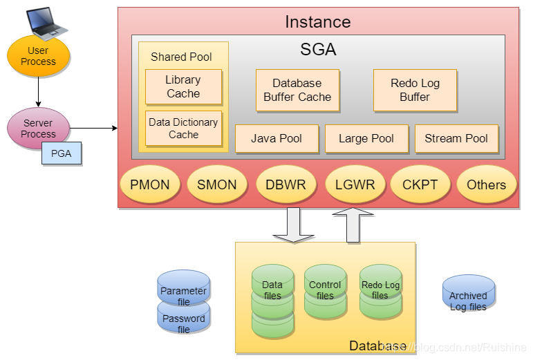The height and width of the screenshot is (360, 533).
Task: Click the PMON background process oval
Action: pos(149,184)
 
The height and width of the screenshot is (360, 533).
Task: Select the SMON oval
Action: pos(216,184)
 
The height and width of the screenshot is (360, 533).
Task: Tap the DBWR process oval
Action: pos(286,184)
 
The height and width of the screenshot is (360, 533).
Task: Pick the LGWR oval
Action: pos(355,184)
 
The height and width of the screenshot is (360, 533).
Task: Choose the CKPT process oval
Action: pos(420,184)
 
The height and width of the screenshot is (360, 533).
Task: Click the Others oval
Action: pos(486,184)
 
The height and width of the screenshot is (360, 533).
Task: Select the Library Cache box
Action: pos(183,87)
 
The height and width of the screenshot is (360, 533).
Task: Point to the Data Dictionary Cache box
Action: pos(183,129)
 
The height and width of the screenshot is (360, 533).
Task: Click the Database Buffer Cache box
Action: pos(297,90)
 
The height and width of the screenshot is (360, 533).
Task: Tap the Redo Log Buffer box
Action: pos(415,90)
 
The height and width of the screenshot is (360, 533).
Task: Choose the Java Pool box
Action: pos(277,138)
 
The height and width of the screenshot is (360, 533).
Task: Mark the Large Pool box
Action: pos(366,138)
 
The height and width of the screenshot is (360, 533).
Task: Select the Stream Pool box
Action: pos(456,138)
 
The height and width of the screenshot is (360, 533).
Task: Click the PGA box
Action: pos(62,153)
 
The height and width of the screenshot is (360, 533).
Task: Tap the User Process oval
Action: pos(38,56)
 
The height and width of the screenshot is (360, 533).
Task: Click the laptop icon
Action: pos(46,22)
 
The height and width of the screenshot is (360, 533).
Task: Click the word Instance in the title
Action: pos(317,21)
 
